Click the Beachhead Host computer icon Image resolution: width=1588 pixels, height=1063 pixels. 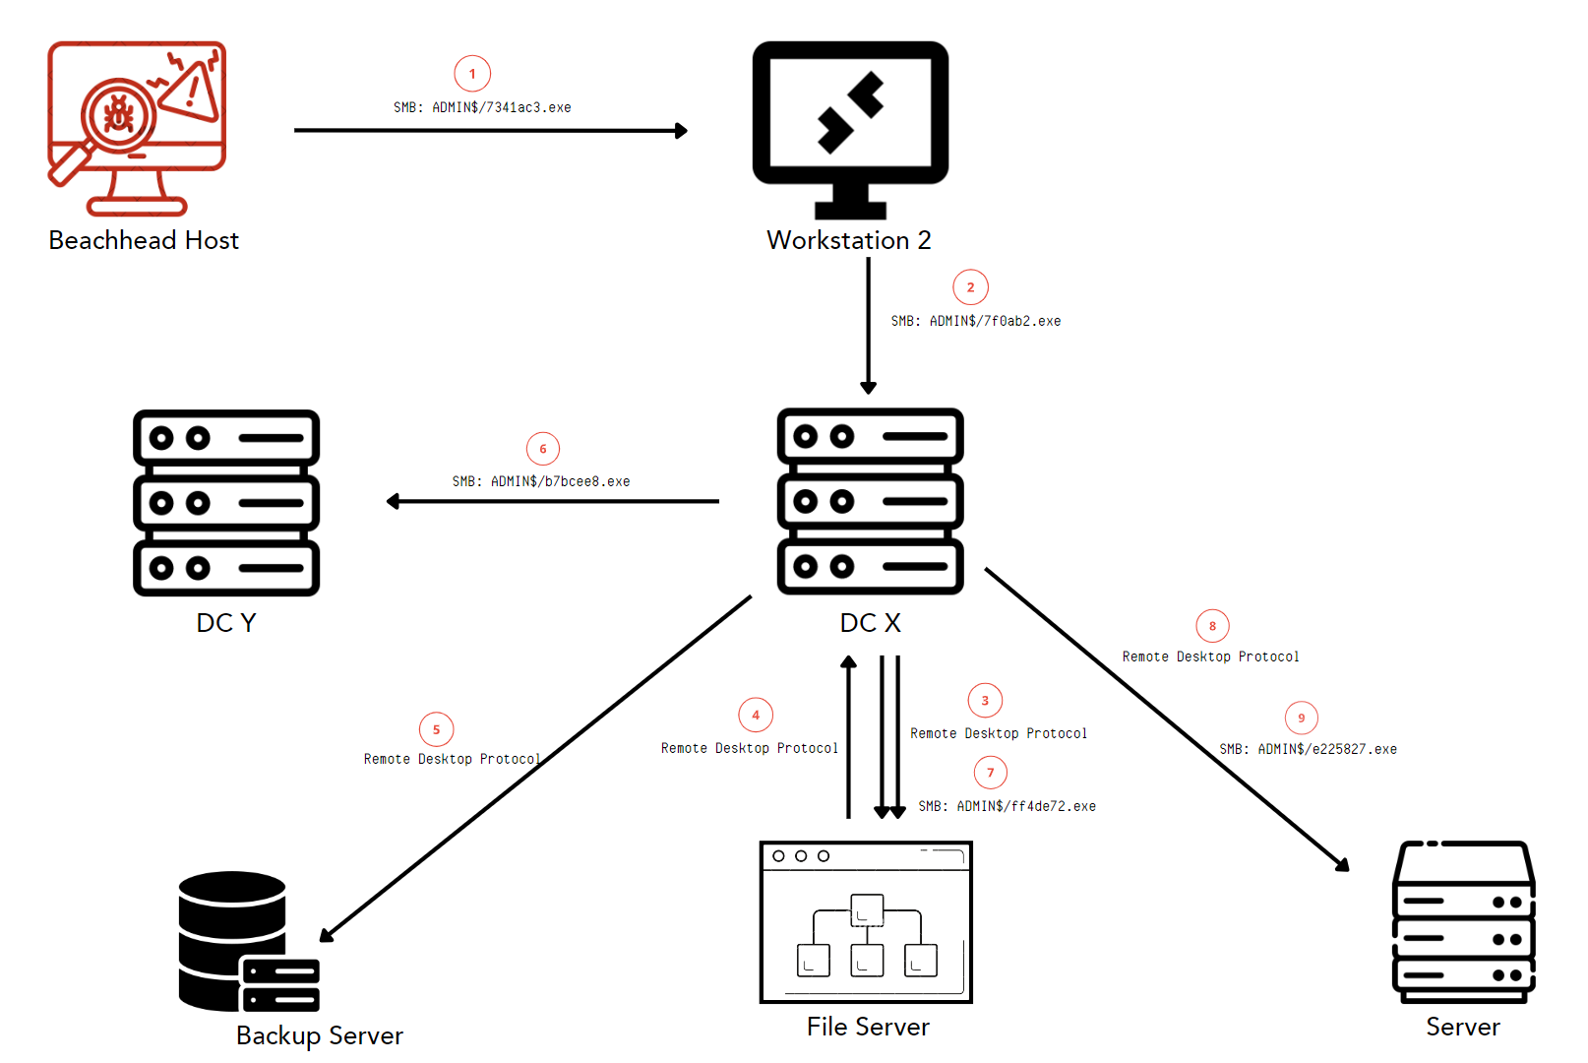(137, 128)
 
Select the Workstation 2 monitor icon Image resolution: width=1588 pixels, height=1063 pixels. (850, 128)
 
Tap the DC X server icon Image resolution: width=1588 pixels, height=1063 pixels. (870, 501)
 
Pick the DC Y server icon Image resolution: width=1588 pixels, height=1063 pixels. (226, 502)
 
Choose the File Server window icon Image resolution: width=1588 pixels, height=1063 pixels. (866, 921)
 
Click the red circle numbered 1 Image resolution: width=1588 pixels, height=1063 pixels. (472, 74)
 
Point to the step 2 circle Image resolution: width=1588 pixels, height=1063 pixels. (970, 287)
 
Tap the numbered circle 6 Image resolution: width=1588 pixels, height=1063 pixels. (543, 449)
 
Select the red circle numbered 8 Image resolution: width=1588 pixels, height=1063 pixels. (1212, 626)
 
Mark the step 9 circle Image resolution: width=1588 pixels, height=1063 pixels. (1301, 718)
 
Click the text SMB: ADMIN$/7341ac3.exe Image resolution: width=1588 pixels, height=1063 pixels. (482, 107)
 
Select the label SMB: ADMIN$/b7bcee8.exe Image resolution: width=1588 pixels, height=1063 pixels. (541, 481)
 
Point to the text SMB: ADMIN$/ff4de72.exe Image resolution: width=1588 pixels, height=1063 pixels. (1007, 806)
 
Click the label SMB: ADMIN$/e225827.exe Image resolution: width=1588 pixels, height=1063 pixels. (1308, 749)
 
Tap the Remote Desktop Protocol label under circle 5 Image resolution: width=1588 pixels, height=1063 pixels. (452, 759)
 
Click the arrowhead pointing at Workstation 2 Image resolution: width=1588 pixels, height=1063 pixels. (681, 130)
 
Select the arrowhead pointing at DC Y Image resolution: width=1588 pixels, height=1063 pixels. (394, 501)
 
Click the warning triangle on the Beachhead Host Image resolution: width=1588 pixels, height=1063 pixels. (193, 92)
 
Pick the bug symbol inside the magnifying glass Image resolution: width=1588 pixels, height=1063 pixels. (119, 114)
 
